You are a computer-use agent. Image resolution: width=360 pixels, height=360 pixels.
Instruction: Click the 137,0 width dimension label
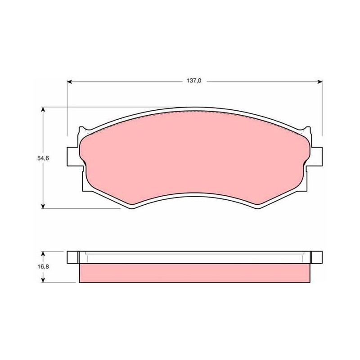[x=194, y=81]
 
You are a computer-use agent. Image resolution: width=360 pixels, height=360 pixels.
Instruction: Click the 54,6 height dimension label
[x=43, y=158]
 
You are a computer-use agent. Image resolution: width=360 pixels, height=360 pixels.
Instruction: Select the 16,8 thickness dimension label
[x=43, y=267]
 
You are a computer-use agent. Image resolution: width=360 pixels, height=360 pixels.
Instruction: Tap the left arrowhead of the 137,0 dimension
[x=70, y=82]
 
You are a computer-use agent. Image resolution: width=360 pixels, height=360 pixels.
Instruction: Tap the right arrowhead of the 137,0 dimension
[x=320, y=82]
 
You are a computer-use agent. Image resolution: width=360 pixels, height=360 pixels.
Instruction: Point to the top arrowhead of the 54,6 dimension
[x=43, y=109]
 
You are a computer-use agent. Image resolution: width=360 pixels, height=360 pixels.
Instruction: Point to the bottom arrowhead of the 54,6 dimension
[x=43, y=206]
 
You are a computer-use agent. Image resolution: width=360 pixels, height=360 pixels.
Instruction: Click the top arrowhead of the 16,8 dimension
[x=43, y=254]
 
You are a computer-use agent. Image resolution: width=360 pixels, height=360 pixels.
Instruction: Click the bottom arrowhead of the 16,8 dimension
[x=43, y=280]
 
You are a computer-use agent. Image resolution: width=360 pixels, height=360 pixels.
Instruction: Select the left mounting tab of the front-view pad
[x=73, y=157]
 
